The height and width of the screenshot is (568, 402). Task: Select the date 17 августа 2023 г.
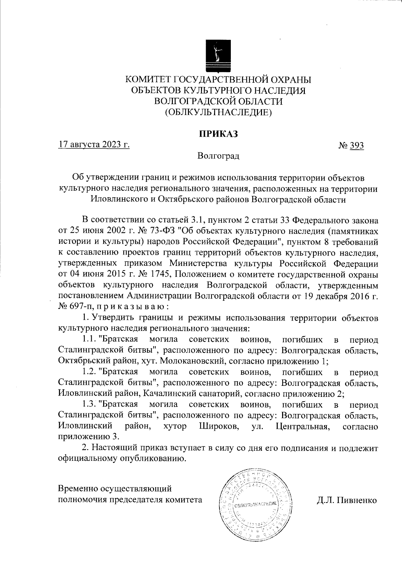[94, 145]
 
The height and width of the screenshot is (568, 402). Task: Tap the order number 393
[357, 145]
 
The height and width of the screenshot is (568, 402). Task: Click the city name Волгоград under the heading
[218, 156]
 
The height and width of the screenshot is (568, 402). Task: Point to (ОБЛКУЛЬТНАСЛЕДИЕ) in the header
[218, 112]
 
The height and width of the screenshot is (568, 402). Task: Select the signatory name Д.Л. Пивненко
[347, 500]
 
